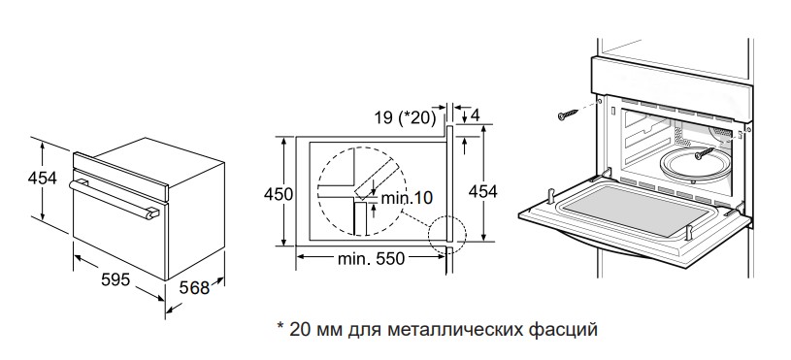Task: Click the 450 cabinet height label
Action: (x=278, y=194)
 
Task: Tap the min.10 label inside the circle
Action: (x=406, y=197)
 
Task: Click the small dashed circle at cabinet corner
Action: (x=447, y=234)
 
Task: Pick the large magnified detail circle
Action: (x=359, y=189)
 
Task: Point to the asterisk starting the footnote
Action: (x=280, y=327)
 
